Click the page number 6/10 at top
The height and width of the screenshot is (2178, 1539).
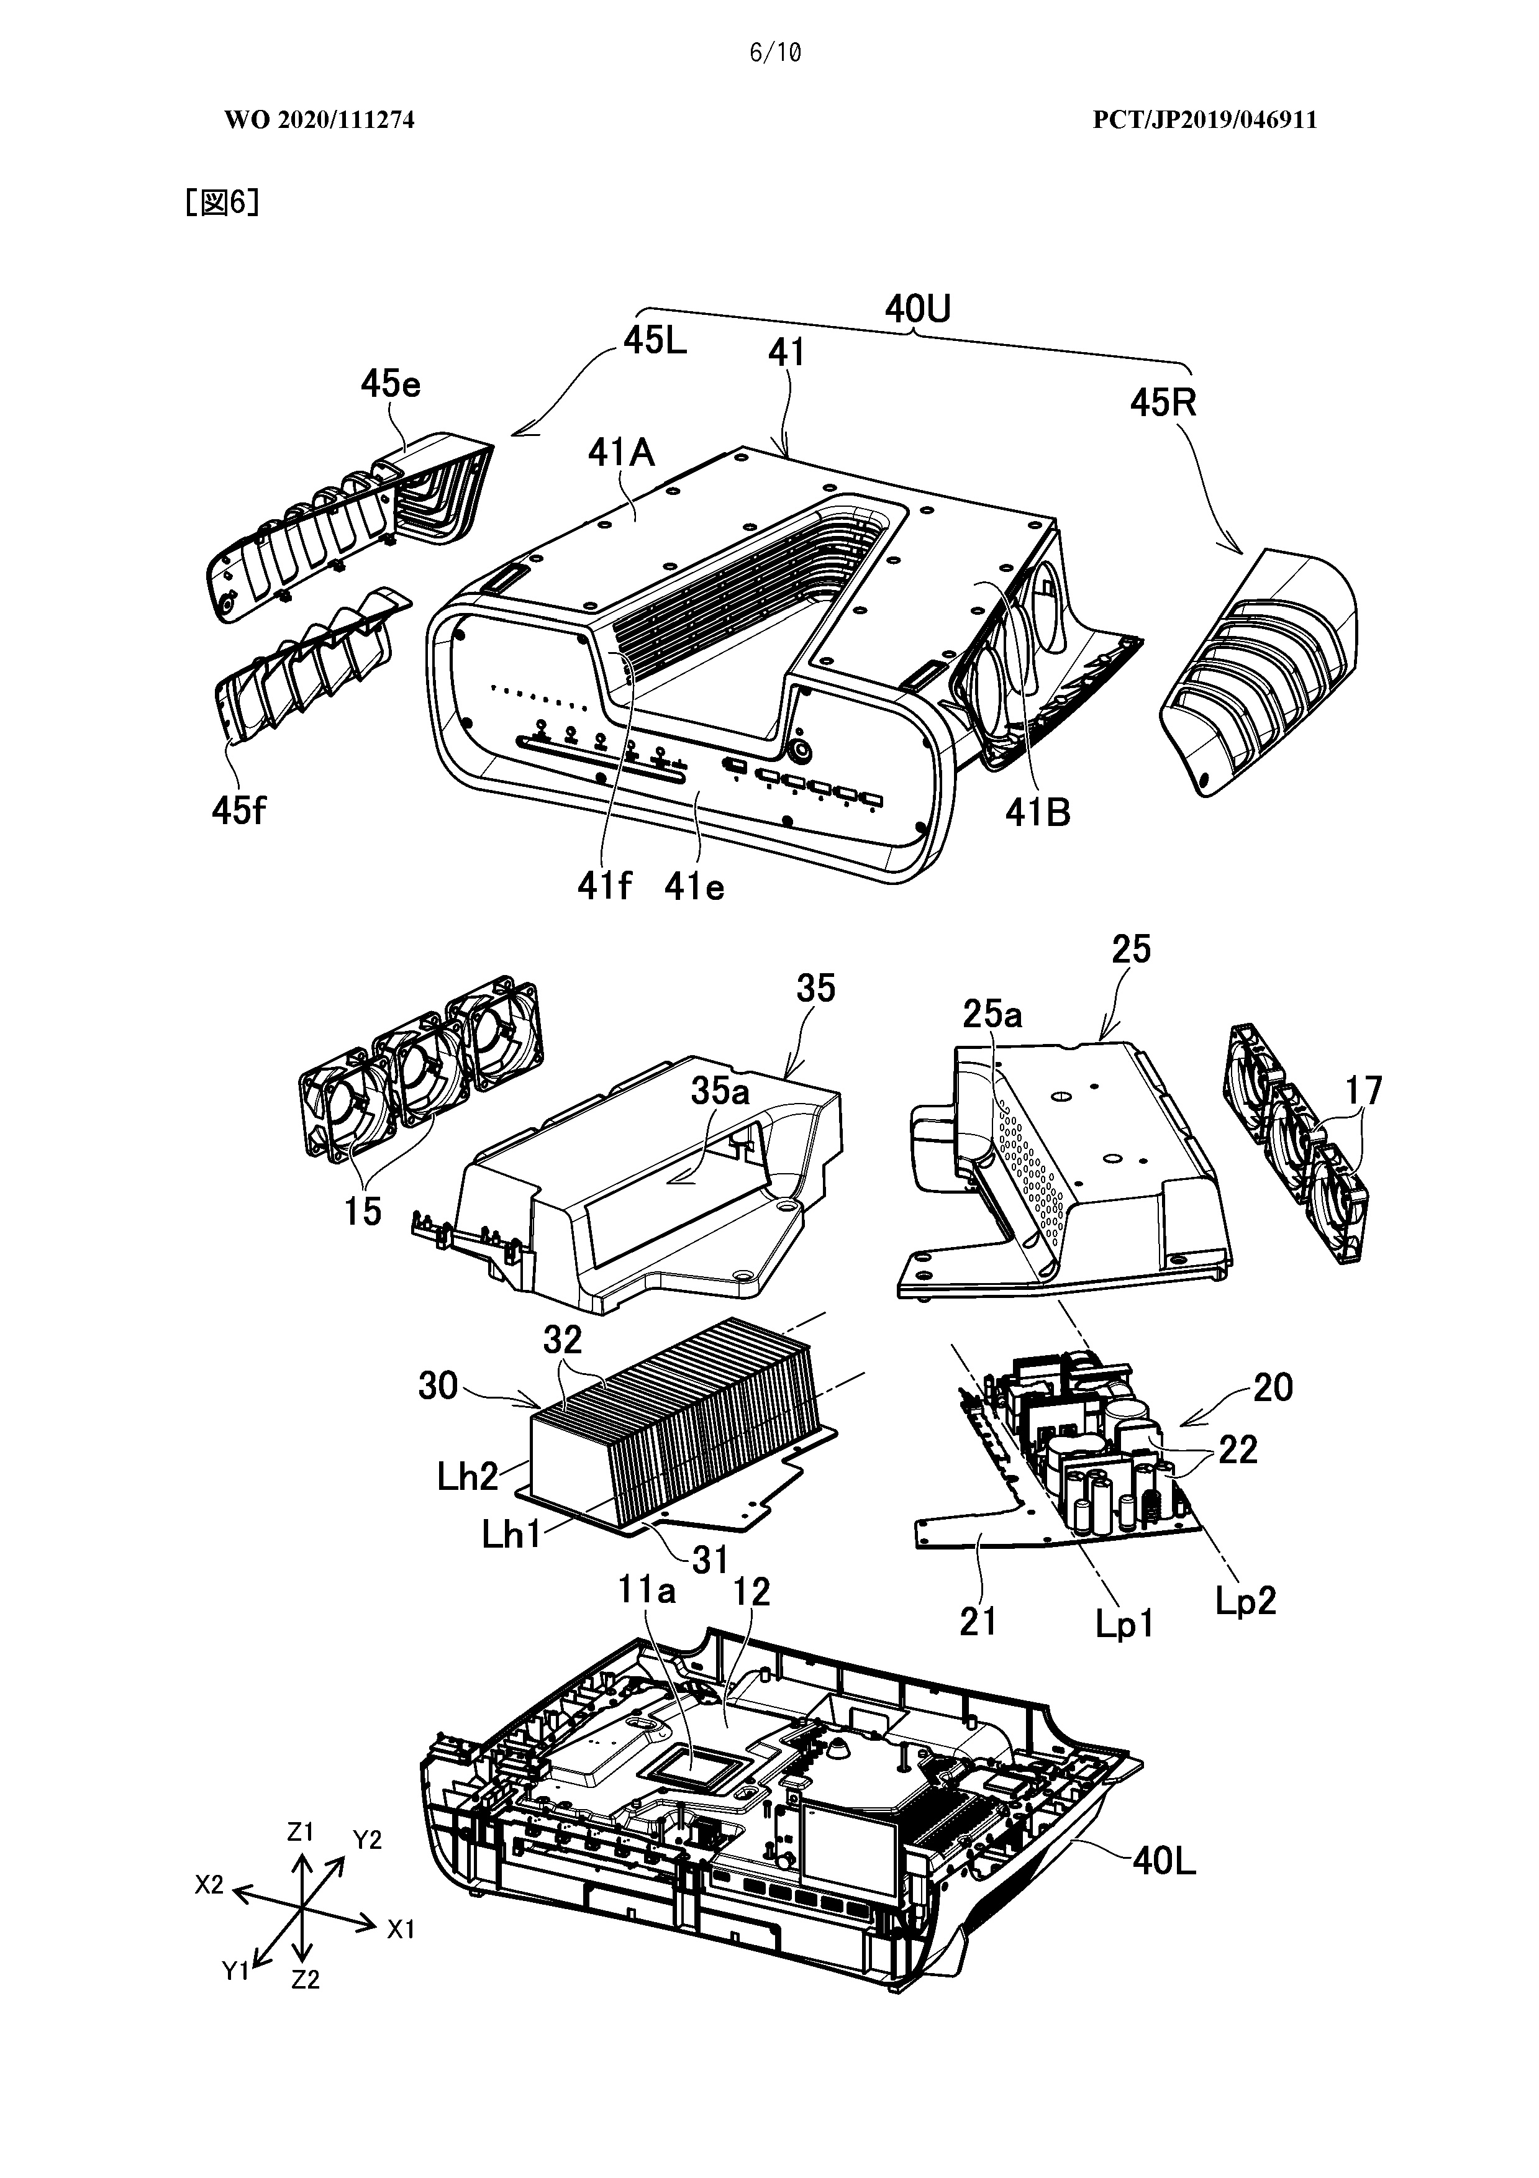(x=774, y=53)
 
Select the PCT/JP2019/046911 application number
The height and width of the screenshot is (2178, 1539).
(x=1204, y=120)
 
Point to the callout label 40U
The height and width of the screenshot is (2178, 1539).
(x=917, y=309)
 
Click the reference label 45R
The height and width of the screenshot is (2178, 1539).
(x=1162, y=403)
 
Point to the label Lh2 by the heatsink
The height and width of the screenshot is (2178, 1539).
(x=468, y=1477)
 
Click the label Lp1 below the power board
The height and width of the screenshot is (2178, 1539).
(x=1125, y=1625)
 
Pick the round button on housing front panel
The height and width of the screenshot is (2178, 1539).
(x=802, y=748)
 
